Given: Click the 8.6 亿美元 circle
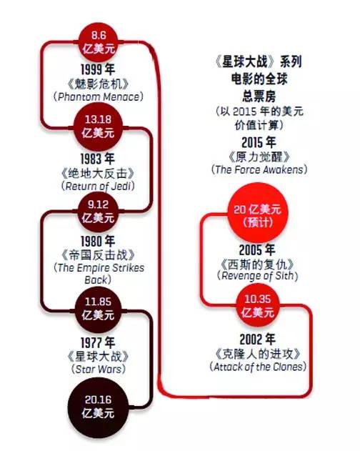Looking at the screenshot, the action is coord(99,42).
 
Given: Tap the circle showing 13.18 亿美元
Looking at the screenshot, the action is coord(99,127).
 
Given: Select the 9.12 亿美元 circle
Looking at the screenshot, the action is coord(99,212).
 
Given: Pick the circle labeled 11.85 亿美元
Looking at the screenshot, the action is coord(99,309).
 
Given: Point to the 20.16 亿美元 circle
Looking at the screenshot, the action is coord(99,407).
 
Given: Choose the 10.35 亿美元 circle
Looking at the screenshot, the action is coord(258,305).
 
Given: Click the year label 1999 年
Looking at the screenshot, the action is coord(98,69).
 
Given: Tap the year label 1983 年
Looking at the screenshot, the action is coord(98,159).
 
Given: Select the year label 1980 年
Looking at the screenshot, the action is coord(98,242).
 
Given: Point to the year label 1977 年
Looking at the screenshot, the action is coord(98,343).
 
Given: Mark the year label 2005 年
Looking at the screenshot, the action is coord(257,250).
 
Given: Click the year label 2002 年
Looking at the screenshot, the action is coord(257,340).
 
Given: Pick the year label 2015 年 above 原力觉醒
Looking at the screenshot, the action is coord(259,142).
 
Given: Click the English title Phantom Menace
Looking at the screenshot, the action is coord(99,96).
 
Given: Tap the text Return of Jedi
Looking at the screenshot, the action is coord(98,186).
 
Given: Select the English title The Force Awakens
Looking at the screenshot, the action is coord(259,169).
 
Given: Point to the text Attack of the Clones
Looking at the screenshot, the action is coord(258,367).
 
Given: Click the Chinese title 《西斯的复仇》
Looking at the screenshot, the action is coord(257,264).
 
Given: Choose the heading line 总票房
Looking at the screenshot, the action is coord(259,96).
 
